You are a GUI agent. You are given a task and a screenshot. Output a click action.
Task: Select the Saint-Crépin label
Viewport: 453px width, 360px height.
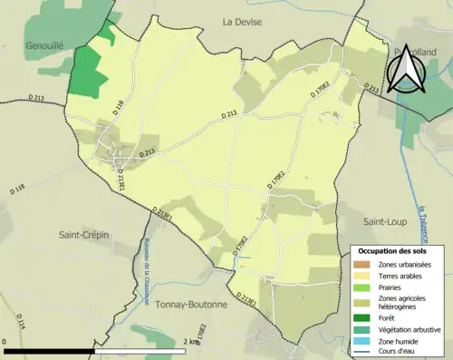point(83,234)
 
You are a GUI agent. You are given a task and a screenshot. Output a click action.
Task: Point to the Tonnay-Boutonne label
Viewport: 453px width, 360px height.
point(190,305)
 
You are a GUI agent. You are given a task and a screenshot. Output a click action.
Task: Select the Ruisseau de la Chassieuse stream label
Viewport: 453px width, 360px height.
point(145,258)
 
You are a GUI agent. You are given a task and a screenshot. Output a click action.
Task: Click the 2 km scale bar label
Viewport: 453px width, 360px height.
point(189,342)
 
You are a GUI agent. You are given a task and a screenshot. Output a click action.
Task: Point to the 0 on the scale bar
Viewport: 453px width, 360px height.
point(5,342)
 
